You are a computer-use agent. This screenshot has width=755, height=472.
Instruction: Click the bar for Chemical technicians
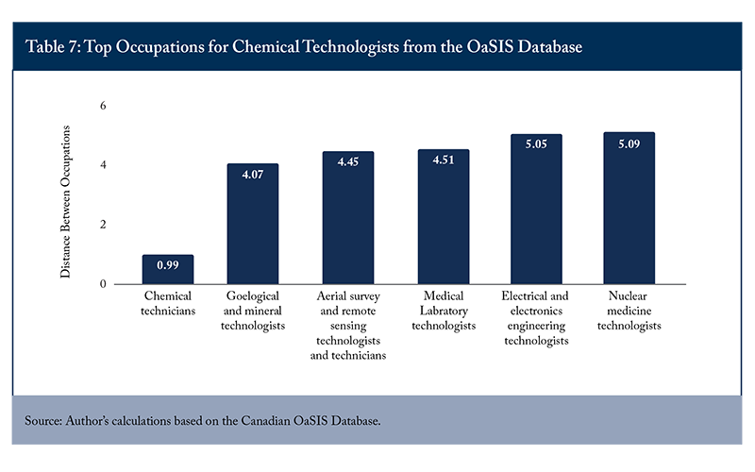tap(168, 269)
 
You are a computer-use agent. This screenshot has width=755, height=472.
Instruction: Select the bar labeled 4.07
tap(253, 224)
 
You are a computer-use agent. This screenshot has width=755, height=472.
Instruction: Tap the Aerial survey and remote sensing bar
tap(348, 218)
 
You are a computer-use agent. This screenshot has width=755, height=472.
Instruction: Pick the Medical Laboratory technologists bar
tap(444, 217)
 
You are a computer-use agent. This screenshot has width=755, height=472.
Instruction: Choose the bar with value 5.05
tap(536, 209)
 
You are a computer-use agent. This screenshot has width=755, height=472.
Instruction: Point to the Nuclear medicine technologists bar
tap(629, 208)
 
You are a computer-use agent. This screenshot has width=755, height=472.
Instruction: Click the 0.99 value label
tap(168, 265)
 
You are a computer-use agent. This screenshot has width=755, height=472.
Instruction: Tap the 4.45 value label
tap(348, 161)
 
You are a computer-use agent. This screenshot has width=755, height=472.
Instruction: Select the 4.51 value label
tap(444, 160)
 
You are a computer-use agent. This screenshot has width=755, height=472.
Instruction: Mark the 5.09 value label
tap(629, 144)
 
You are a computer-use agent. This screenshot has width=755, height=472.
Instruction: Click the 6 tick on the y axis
tap(103, 106)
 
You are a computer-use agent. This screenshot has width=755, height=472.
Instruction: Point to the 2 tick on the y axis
tap(103, 225)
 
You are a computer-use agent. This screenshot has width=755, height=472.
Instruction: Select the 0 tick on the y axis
tap(103, 284)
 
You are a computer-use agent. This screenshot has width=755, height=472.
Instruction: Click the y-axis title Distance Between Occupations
tap(65, 202)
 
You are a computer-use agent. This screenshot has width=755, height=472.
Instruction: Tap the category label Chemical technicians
tap(168, 303)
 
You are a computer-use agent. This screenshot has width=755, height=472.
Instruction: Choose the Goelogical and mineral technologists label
tap(253, 311)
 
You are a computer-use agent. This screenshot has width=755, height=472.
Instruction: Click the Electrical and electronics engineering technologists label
tap(536, 318)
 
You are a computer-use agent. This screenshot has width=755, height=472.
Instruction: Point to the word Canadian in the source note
tap(264, 420)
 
